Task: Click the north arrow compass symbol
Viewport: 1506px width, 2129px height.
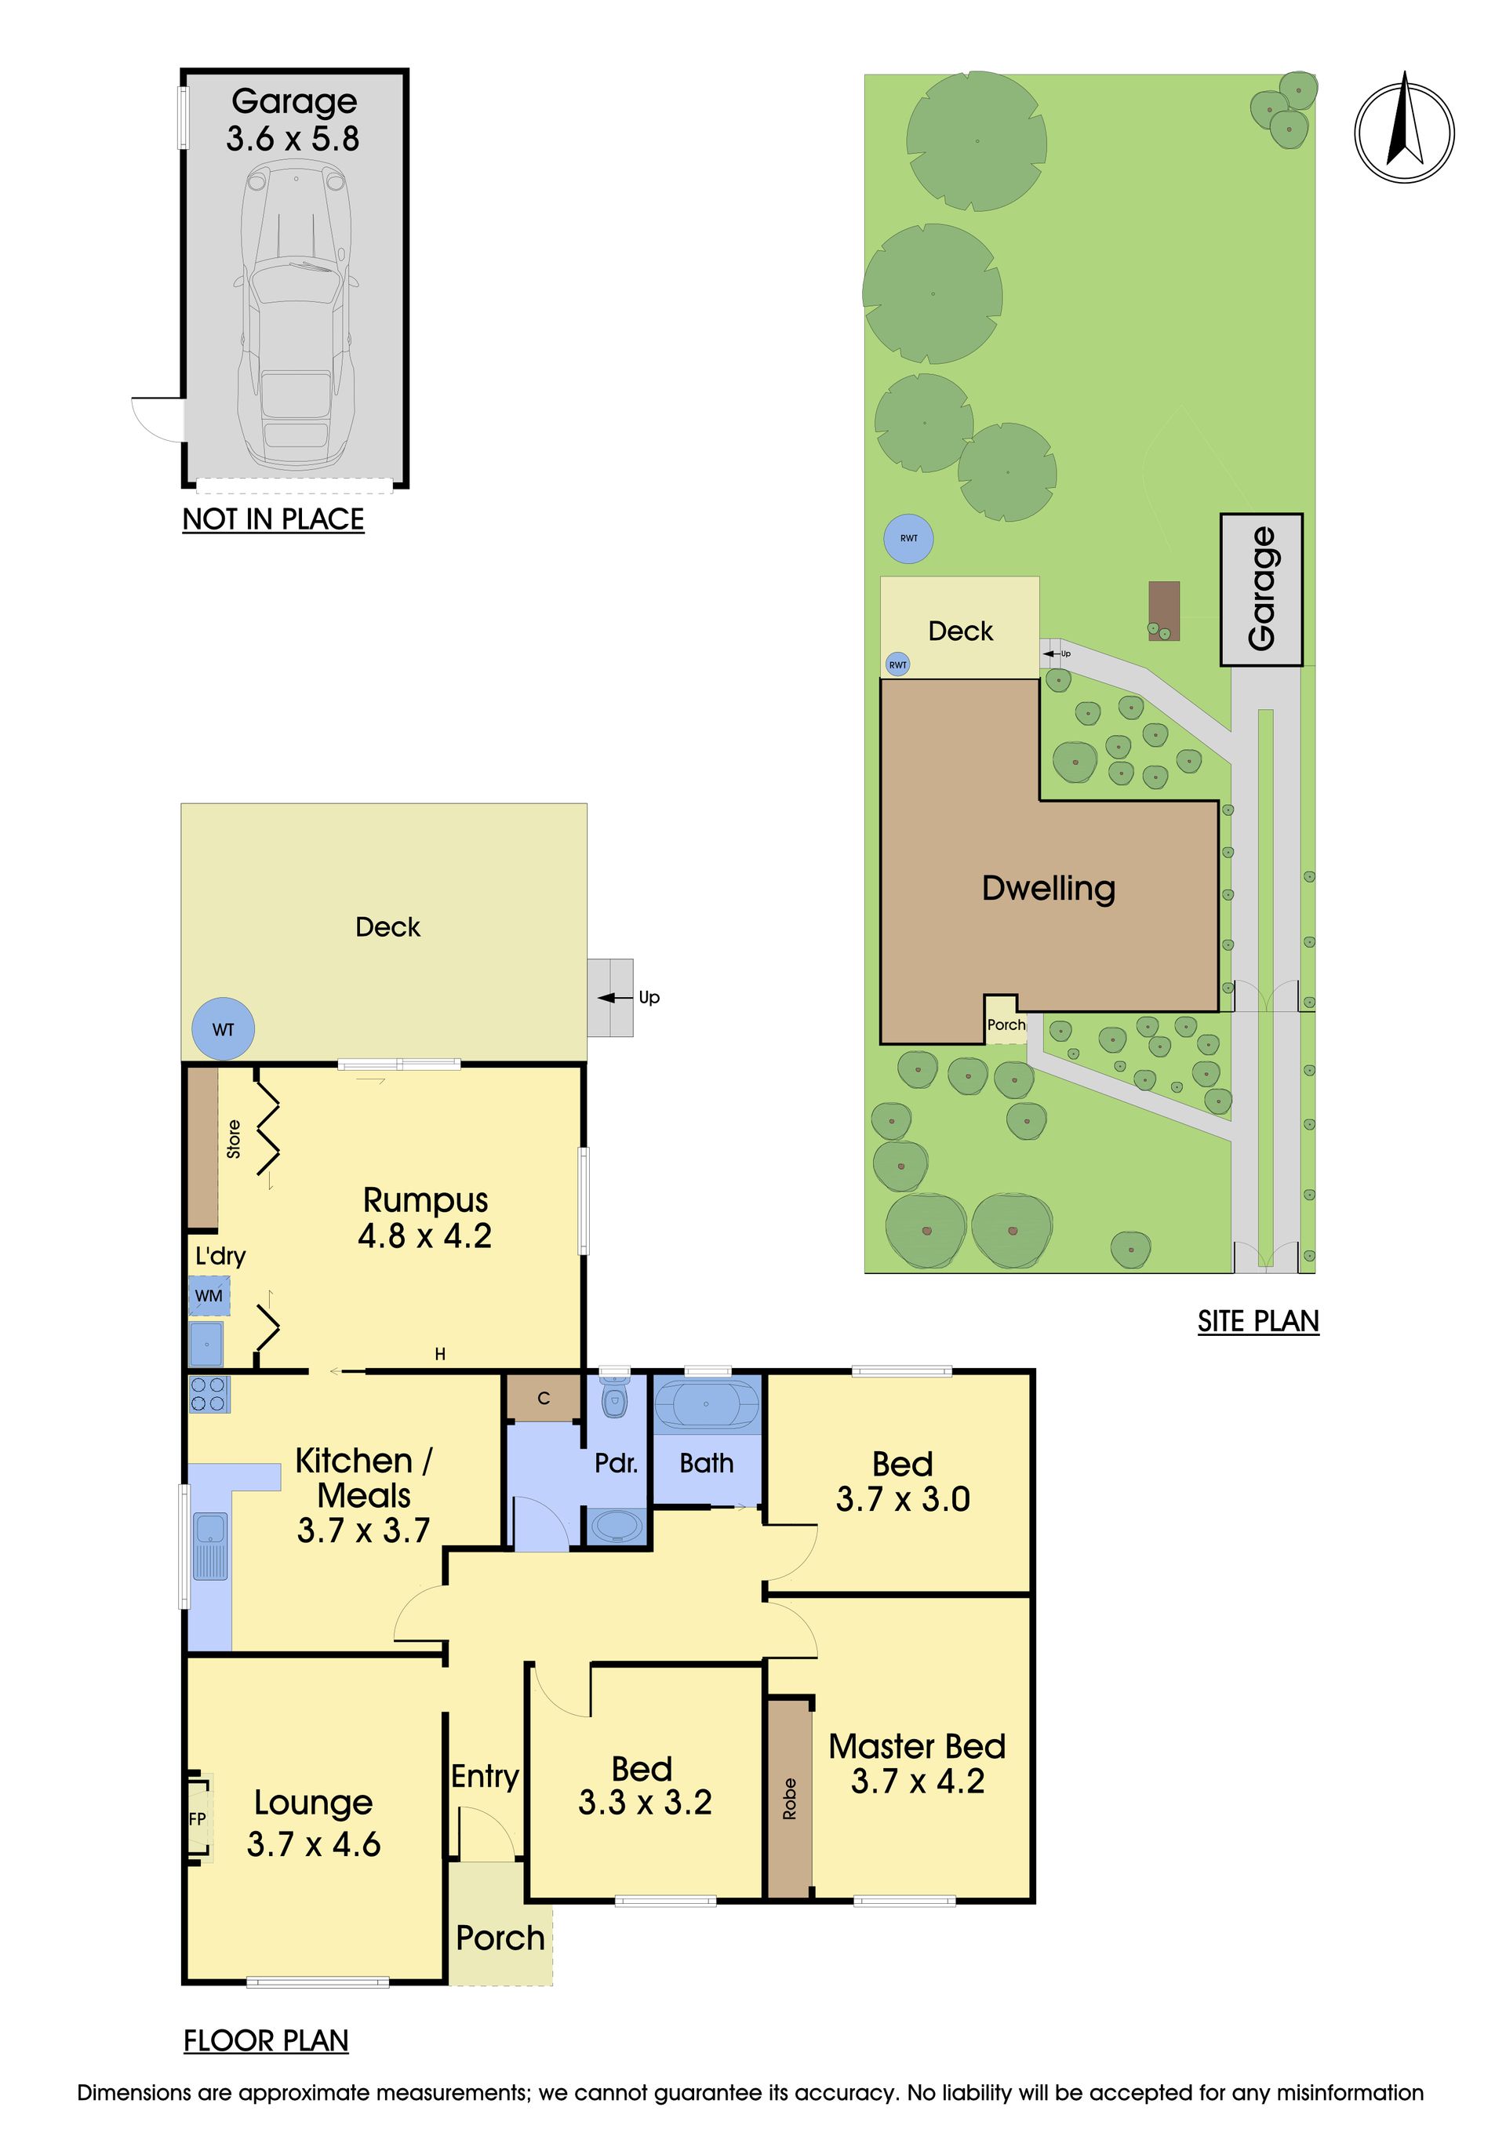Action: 1404,131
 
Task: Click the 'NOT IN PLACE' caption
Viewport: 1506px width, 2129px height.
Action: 273,519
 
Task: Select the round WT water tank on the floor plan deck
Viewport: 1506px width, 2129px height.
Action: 224,1028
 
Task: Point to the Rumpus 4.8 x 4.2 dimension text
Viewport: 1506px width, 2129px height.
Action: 424,1237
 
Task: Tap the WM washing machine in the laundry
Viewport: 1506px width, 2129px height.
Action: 209,1295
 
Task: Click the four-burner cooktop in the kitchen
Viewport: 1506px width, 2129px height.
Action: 209,1395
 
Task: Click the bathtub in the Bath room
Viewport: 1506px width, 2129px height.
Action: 707,1405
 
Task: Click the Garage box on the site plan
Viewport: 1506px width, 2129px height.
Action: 1261,589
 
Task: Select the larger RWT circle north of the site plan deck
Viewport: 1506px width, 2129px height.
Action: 909,539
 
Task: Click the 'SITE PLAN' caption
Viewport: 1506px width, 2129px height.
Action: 1258,1321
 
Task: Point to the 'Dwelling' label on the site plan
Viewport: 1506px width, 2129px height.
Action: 1049,888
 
